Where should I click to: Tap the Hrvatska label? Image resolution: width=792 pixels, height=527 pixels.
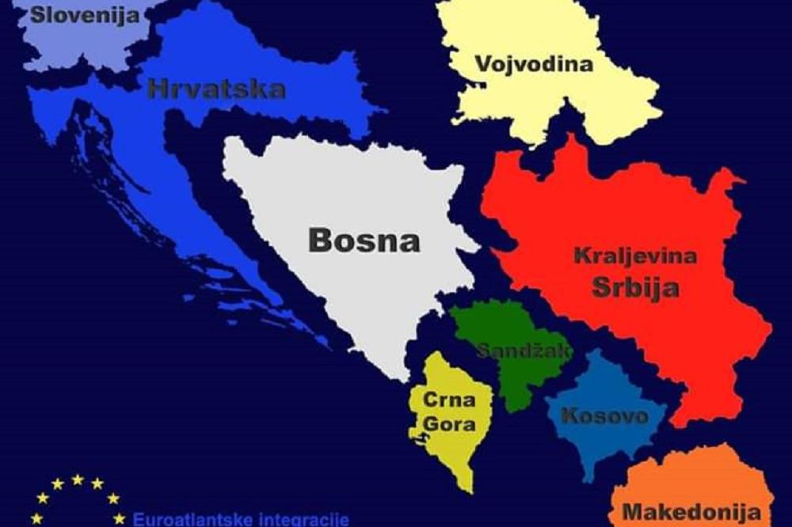(216, 88)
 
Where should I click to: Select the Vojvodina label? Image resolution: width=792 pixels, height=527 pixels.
(534, 63)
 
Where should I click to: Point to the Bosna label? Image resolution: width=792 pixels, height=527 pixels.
(364, 240)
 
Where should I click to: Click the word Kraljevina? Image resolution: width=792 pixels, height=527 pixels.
(634, 256)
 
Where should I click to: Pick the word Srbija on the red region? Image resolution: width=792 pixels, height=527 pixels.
(635, 286)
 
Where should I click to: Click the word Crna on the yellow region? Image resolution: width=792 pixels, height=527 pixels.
(449, 400)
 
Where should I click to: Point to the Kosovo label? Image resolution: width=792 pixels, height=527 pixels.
(604, 416)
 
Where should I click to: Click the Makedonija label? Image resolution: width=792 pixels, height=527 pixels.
(686, 512)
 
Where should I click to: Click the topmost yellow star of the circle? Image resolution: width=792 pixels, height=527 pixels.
(78, 480)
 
